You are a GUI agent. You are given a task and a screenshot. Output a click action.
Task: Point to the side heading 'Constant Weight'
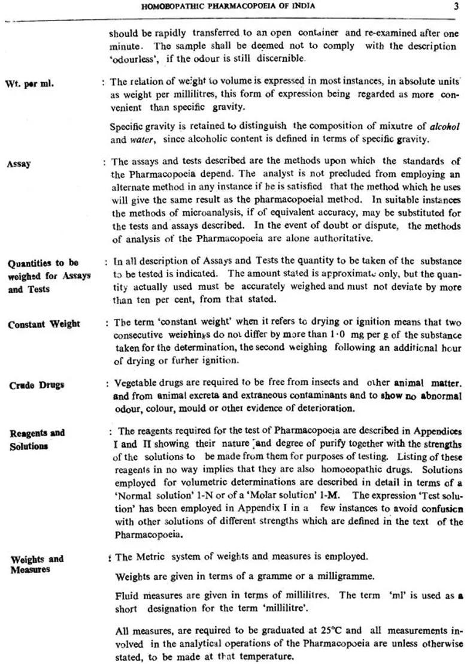44,324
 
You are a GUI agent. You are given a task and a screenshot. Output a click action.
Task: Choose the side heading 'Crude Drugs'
36,385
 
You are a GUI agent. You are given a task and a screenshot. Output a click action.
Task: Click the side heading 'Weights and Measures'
37,564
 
